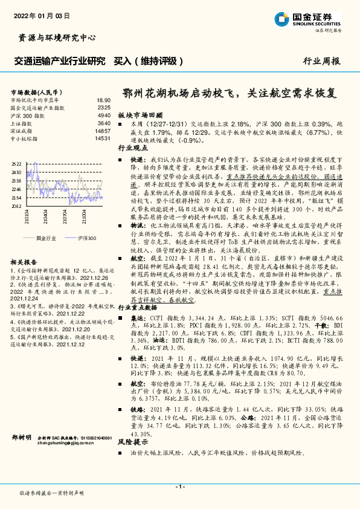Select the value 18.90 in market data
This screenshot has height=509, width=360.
pos(103,100)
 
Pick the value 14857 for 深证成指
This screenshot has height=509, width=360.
pos(103,130)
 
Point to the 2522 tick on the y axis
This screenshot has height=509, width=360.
pos(16,164)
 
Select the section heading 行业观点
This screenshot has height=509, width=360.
pos(132,147)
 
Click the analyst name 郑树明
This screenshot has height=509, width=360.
pos(22,436)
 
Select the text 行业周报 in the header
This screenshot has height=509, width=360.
pos(321,61)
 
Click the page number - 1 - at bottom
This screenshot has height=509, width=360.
pos(179,487)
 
